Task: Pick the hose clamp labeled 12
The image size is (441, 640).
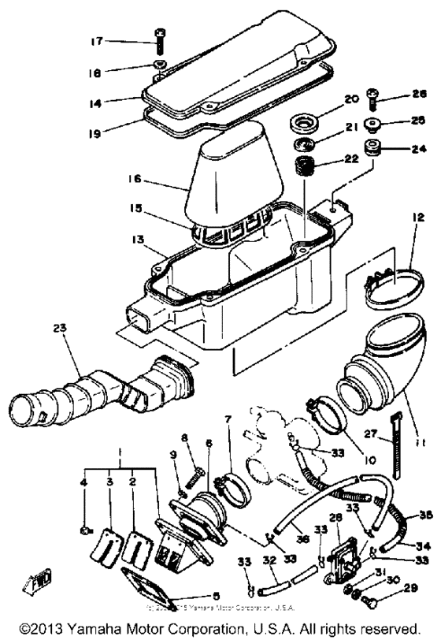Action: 393,277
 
